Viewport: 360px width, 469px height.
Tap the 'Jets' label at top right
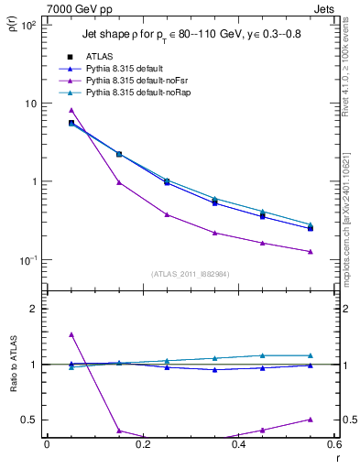[324, 7]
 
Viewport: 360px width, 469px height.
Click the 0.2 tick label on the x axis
[142, 445]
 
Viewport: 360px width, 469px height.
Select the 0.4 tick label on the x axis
[238, 445]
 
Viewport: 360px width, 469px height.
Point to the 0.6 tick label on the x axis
[333, 445]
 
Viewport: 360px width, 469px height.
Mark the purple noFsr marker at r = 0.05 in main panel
[71, 110]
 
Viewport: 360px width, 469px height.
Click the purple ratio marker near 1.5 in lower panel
[71, 334]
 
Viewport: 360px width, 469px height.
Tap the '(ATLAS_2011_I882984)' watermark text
[191, 274]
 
